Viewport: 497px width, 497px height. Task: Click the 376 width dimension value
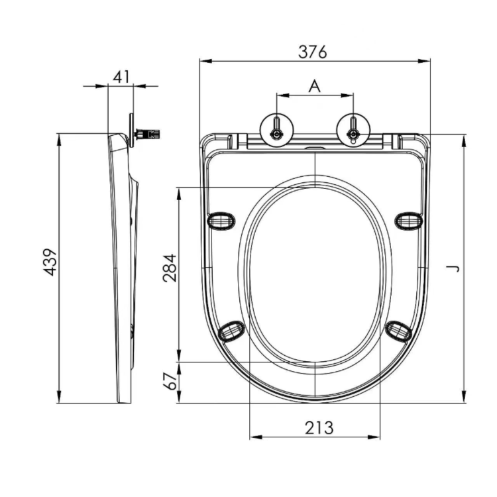coord(313,52)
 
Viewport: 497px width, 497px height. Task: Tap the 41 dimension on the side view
coord(121,76)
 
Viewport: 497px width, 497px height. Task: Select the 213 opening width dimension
coord(319,428)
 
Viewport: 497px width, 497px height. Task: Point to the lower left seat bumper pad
coord(232,329)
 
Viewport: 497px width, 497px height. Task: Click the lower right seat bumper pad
coord(399,329)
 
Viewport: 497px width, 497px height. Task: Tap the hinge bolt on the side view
coord(147,135)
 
